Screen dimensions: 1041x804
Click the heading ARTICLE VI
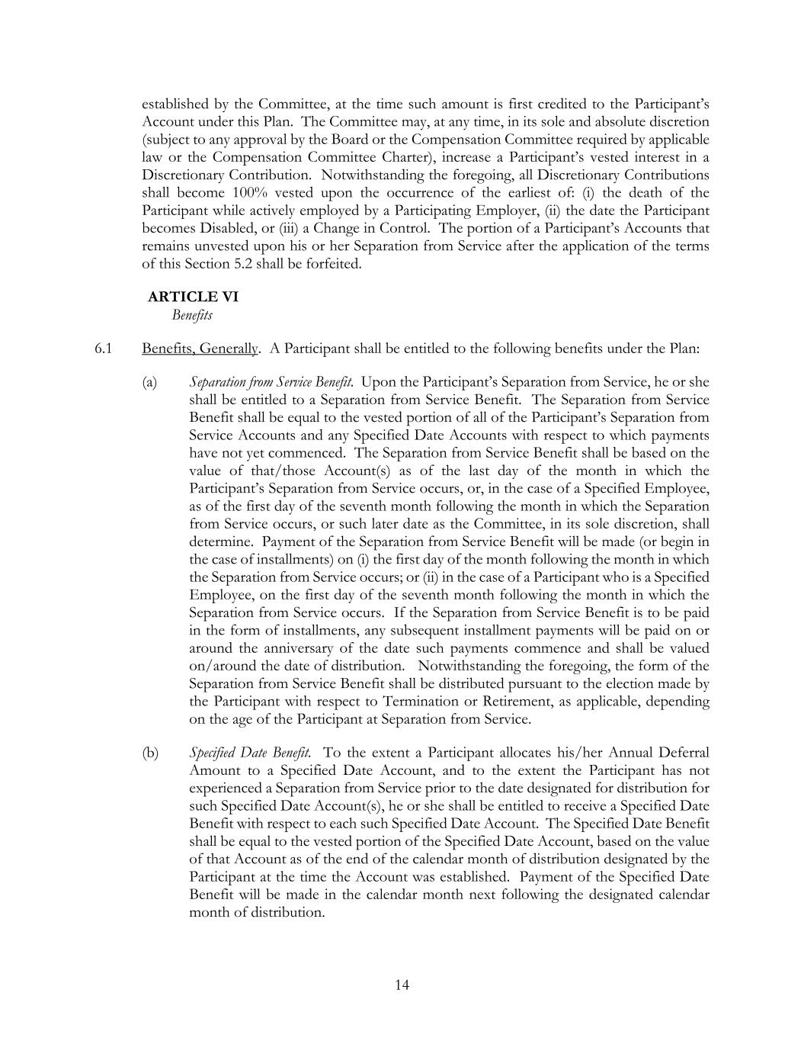193,297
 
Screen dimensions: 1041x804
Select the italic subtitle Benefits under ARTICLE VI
192,315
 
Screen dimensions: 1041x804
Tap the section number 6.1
104,349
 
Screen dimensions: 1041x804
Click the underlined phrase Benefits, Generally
200,349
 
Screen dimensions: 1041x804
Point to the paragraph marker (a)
149,382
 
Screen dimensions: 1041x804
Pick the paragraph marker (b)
150,753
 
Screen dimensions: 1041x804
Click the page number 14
402,985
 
